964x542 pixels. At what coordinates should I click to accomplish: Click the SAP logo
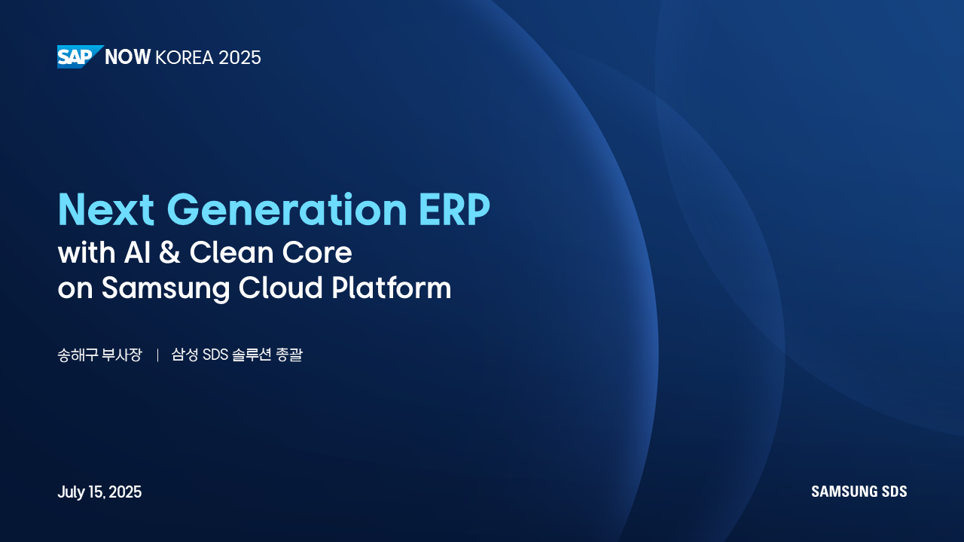tap(80, 56)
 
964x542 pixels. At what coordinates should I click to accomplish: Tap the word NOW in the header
tap(128, 57)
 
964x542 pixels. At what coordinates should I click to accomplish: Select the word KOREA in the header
tap(185, 58)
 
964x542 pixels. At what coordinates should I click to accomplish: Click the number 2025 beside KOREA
tap(239, 58)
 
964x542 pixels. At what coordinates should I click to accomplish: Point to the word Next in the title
tap(106, 209)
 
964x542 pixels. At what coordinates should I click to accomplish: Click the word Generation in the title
tap(287, 209)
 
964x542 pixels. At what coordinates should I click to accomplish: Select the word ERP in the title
tap(454, 209)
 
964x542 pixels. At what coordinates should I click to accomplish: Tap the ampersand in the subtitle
tap(169, 252)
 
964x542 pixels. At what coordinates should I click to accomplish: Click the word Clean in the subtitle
tap(230, 252)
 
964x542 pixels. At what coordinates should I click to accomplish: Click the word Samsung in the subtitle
tap(166, 288)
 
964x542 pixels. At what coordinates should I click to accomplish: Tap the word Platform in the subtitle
tap(392, 288)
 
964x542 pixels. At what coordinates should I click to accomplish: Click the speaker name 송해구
tap(76, 355)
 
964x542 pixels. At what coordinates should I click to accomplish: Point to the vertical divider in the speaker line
tap(157, 355)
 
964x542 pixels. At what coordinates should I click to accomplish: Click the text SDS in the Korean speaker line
tap(215, 355)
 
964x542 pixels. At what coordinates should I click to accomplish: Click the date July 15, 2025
tap(99, 492)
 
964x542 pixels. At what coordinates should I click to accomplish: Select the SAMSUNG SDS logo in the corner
tap(859, 492)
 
